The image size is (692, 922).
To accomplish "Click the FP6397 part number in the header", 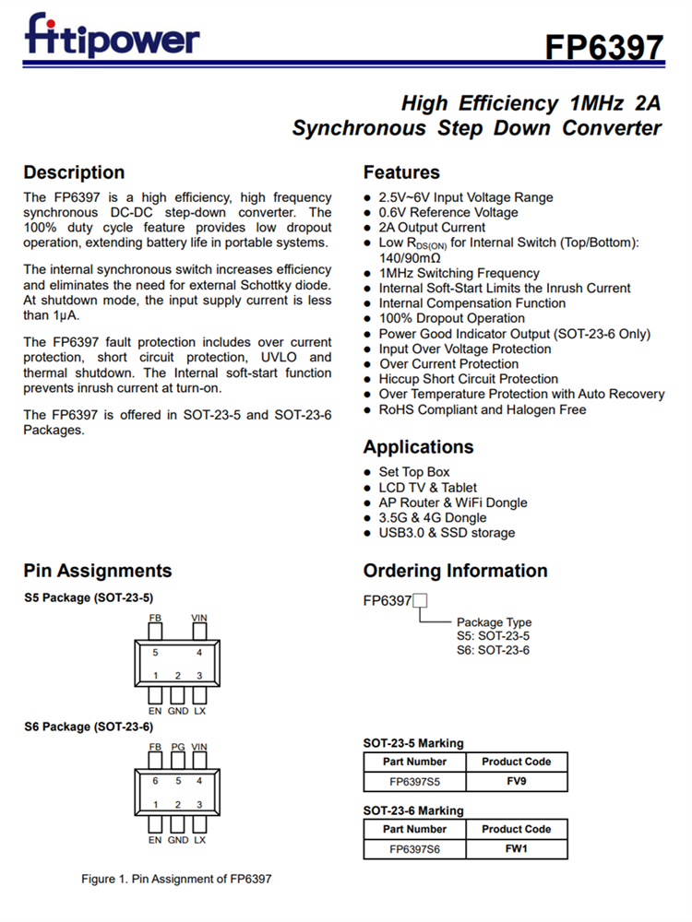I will point(603,47).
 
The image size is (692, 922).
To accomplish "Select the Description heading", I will point(74,172).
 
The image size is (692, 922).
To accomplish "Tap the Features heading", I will point(401,172).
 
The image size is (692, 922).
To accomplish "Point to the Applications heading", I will point(418,447).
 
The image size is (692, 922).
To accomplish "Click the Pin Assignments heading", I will point(98,571).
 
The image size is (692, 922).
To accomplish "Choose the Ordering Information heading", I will point(455,571).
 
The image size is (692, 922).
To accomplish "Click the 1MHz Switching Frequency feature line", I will point(459,273).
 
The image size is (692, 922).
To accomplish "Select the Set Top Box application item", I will point(413,472).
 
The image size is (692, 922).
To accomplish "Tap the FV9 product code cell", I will point(516,782).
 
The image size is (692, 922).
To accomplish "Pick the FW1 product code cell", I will point(516,849).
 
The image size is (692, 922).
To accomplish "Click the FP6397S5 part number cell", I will point(414,782).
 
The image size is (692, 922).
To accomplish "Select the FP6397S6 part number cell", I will point(414,849).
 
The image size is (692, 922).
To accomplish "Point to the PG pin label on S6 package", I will point(178,747).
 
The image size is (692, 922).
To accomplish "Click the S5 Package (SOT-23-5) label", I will point(89,597).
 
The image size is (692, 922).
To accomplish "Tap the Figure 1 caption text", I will point(176,879).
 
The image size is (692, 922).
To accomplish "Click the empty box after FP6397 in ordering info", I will point(420,601).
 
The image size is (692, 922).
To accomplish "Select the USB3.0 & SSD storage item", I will point(447,533).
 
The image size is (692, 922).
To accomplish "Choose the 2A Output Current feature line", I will point(432,228).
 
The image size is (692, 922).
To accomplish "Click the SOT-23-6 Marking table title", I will point(413,810).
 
